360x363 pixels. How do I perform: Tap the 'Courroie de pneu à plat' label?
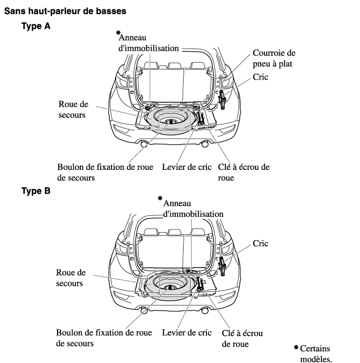(x=273, y=58)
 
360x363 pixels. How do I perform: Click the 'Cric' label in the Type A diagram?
(x=260, y=77)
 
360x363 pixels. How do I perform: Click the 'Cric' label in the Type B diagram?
(x=260, y=243)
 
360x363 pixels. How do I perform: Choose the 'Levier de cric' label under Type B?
(x=186, y=333)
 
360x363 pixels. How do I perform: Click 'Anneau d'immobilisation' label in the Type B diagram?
(x=193, y=208)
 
